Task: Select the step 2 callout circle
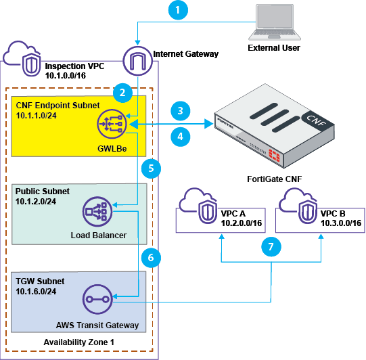[122, 92]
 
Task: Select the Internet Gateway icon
[137, 60]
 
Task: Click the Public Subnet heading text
[43, 192]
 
